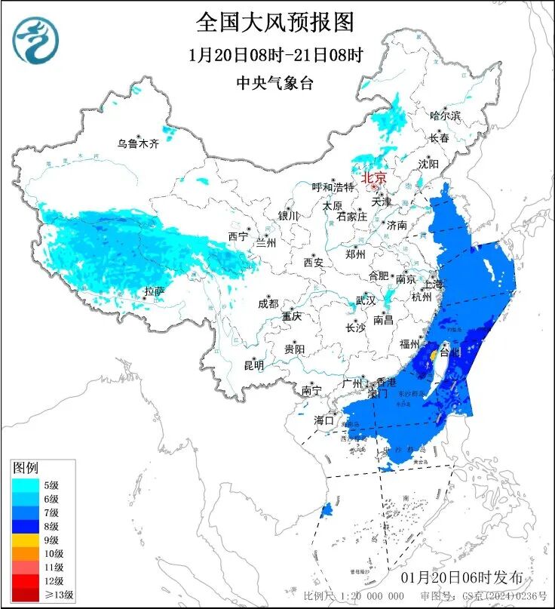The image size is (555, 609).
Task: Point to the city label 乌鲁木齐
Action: point(137,143)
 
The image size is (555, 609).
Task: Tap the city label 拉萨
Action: point(155,291)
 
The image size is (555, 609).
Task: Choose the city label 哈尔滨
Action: point(445,115)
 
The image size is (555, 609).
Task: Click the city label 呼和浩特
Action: point(333,187)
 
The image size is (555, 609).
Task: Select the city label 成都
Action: point(268,303)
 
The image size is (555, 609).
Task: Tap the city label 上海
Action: point(434,285)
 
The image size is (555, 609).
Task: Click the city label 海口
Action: point(323,420)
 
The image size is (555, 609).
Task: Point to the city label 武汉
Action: point(366,300)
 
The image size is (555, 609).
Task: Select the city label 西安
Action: point(314,263)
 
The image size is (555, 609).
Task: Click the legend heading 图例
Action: point(26,469)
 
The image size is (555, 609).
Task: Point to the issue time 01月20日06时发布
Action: point(461,577)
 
